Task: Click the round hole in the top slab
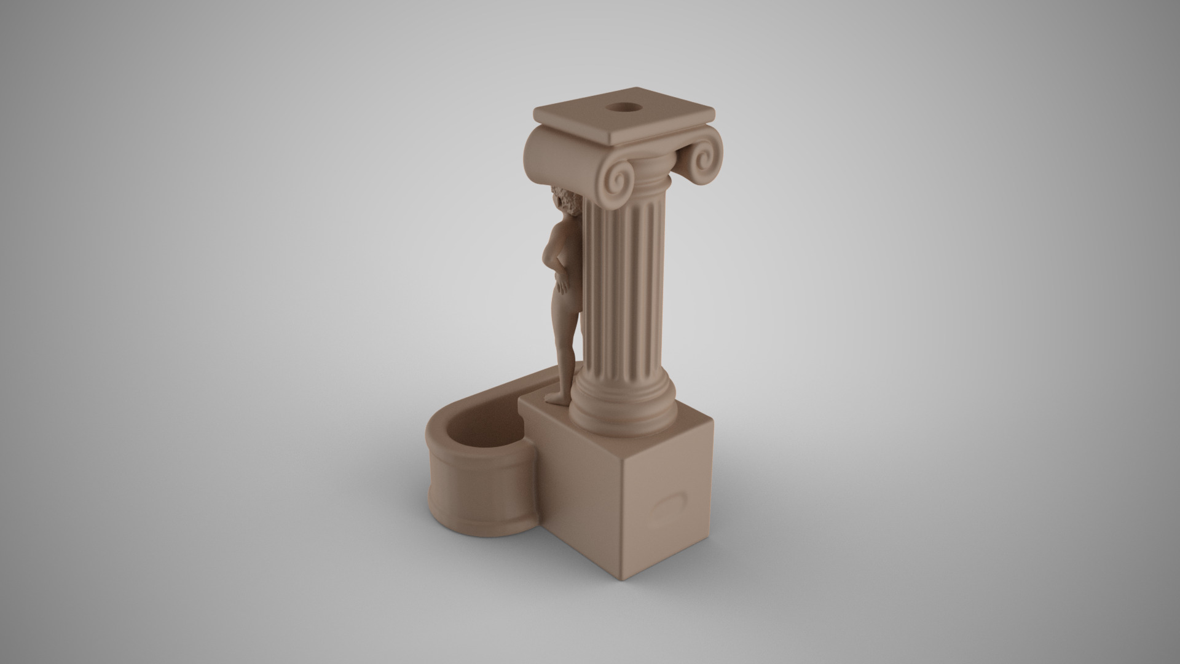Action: [623, 109]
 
